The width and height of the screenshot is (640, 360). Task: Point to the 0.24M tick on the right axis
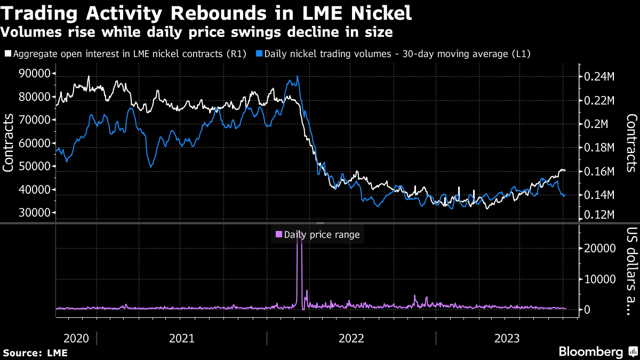point(599,76)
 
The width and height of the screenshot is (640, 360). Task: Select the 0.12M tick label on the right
point(599,214)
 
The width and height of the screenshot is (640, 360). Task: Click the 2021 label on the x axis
point(181,338)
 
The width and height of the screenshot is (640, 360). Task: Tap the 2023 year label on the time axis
point(508,338)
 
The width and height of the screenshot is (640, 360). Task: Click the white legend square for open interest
point(7,54)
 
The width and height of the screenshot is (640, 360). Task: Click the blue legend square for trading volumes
point(259,54)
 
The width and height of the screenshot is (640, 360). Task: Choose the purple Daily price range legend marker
point(278,234)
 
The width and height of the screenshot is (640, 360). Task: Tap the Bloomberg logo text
point(590,351)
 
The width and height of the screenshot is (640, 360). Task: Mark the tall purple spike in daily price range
point(299,267)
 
